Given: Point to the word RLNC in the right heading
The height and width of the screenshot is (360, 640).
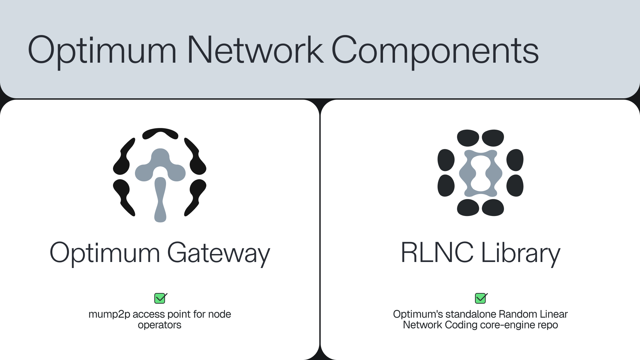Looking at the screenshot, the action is pos(437,252).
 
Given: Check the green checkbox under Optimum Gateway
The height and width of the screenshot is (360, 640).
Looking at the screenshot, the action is pos(160,298).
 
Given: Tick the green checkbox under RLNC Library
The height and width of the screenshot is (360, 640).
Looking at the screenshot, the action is pos(481,298).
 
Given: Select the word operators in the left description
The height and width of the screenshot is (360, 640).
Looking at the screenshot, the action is pos(160,325).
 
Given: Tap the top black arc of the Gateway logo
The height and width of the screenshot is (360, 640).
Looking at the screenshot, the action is pos(160,133).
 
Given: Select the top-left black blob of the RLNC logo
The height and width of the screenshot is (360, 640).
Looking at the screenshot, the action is pos(468,138).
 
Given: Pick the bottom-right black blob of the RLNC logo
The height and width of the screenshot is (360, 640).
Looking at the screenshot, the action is pos(515,186).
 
